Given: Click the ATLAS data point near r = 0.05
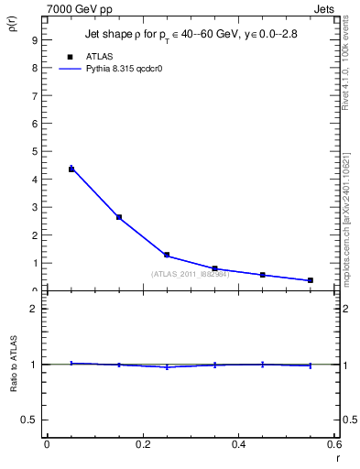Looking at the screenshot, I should (71, 169).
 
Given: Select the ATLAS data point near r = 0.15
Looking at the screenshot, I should (119, 217).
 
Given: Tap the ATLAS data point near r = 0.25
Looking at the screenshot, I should (167, 255).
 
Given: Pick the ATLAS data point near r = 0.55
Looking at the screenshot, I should (311, 280).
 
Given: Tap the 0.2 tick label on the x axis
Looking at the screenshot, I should (142, 444).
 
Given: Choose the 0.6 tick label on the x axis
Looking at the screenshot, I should (333, 444).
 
